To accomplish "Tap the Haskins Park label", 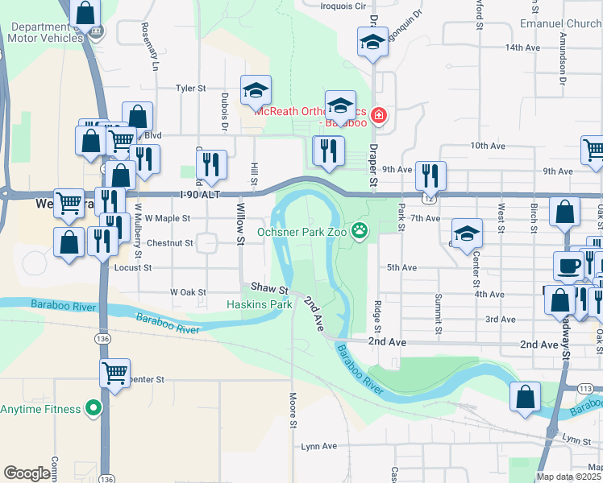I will [259, 305].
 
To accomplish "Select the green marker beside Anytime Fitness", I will [94, 408].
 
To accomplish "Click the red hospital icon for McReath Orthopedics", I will [379, 117].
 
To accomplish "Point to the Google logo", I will [27, 473].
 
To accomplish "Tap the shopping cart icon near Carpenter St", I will [115, 374].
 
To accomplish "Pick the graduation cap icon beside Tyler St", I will [256, 90].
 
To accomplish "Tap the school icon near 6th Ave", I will [465, 233].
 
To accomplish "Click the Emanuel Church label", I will [561, 23].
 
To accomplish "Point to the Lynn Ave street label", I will [318, 445].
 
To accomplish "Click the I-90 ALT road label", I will [199, 195].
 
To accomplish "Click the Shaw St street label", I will [269, 288].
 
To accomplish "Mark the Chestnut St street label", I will [170, 242].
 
